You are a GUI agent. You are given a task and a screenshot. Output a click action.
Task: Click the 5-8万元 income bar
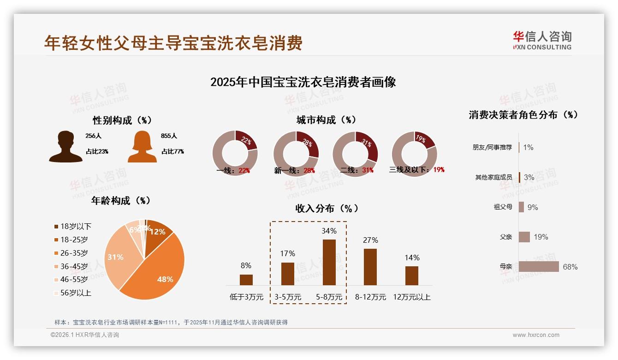[x=329, y=262]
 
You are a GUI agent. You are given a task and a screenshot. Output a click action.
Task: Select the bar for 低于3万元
[x=246, y=280]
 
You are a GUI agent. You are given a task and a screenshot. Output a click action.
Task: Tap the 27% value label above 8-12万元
[x=370, y=240]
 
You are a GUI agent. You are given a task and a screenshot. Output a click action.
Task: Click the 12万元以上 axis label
[x=411, y=297]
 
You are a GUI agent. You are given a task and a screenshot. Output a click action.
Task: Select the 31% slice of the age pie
[x=121, y=254]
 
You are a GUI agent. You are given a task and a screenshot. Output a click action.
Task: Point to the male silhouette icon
[x=65, y=147]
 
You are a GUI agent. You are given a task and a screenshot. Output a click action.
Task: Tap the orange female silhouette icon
[x=142, y=147]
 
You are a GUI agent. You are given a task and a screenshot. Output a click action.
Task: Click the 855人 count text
[x=169, y=136]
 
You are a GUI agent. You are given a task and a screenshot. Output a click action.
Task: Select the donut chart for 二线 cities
[x=355, y=154]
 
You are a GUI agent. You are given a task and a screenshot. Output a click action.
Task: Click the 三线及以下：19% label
[x=416, y=170]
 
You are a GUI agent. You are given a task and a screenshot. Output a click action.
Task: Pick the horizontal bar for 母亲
[x=539, y=267]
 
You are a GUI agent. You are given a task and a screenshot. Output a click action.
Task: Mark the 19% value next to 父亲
[x=541, y=237]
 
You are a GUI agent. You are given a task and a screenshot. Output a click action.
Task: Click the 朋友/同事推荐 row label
[x=492, y=148]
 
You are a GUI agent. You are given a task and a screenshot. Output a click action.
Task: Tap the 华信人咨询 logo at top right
[x=542, y=40]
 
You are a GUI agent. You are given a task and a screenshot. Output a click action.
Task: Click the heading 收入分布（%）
[x=327, y=208]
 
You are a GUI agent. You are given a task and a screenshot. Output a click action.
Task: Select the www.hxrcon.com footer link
[x=536, y=335]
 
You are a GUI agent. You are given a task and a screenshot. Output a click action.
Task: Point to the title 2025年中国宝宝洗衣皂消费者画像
[x=303, y=82]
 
